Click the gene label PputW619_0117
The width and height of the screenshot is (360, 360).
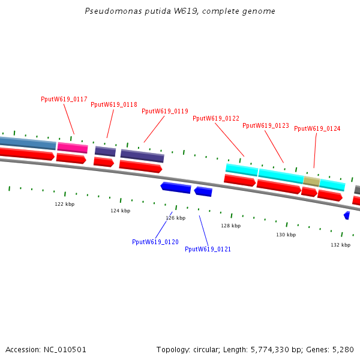(64, 99)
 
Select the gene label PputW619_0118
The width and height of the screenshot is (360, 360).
(114, 104)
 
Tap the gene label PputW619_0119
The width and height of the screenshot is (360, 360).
(165, 111)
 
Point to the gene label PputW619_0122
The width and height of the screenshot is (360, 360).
(216, 118)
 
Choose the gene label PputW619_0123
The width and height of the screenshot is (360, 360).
(266, 126)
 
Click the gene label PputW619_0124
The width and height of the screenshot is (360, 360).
(317, 128)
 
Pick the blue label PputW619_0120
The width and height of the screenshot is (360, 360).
(155, 242)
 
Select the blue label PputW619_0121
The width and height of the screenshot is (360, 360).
(208, 249)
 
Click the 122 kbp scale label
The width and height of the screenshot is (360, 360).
(65, 204)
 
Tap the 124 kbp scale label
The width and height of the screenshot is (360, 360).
(120, 211)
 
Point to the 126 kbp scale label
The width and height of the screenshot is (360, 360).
(175, 218)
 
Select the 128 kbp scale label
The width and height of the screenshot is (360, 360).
(230, 226)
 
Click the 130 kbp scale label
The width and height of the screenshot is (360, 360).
(286, 235)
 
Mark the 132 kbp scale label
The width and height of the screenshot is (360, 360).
(340, 245)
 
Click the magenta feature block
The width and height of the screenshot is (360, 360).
(73, 148)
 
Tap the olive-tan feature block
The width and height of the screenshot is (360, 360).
(311, 181)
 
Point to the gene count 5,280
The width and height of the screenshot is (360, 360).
(343, 349)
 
